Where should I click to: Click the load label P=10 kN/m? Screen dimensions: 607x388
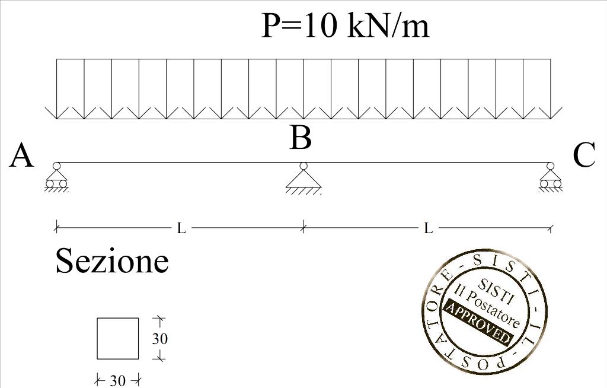pos(345,26)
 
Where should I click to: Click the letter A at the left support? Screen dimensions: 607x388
pos(21,157)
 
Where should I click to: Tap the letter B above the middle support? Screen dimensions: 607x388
pos(301,138)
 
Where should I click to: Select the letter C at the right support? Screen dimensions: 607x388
pos(584,156)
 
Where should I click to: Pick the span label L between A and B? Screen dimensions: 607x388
pos(181,228)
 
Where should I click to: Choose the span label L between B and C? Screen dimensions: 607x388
pos(428,228)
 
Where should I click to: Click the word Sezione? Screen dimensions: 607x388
pos(112,261)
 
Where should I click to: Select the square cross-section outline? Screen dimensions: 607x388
pos(118,339)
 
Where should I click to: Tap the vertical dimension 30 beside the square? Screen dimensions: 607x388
pos(159,339)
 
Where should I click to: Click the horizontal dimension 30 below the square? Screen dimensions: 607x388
pos(118,380)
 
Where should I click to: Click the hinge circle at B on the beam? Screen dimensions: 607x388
pos(303,166)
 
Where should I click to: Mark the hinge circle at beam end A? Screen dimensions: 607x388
pos(57,166)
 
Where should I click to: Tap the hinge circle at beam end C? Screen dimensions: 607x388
pos(551,166)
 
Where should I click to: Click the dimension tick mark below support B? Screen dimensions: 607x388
pos(303,227)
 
